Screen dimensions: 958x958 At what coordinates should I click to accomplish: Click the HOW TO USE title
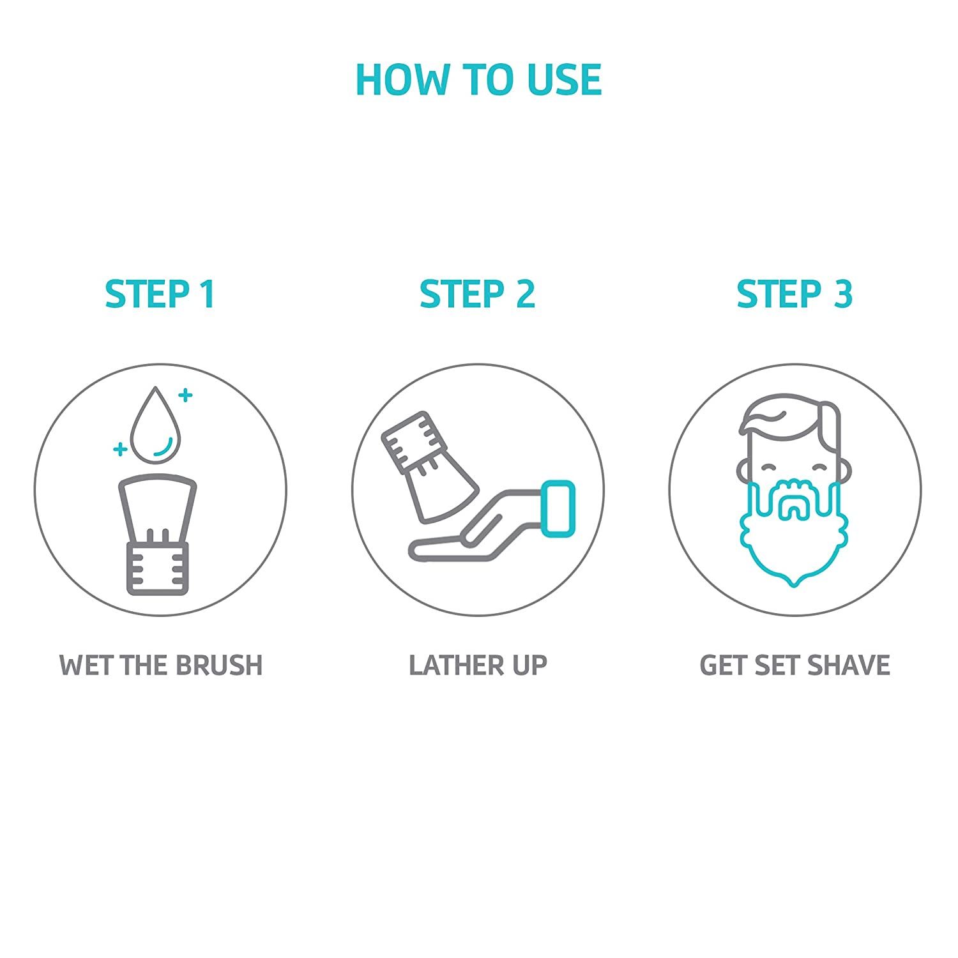point(478,80)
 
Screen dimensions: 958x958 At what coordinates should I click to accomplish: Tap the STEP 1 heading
point(160,294)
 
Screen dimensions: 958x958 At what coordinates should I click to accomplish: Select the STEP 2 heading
point(477,294)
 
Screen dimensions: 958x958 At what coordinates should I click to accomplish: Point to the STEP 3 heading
point(795,294)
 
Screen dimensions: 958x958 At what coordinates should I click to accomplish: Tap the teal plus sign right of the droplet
point(185,395)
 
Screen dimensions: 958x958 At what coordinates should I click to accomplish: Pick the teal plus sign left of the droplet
point(119,450)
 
